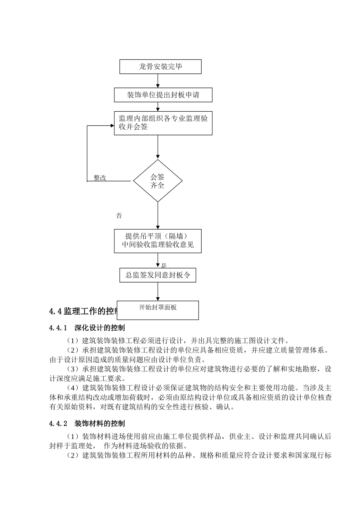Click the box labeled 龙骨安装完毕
click(160, 67)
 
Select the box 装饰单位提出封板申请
click(163, 95)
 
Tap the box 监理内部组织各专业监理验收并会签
click(163, 123)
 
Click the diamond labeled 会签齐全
click(158, 181)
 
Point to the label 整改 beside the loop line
click(100, 178)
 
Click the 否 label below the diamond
click(119, 216)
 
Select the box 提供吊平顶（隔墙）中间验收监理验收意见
click(158, 241)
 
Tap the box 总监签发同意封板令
click(158, 275)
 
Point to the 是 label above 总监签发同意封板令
click(164, 266)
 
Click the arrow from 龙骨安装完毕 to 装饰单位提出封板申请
click(158, 81)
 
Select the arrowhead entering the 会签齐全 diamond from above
click(158, 156)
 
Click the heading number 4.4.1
click(58, 328)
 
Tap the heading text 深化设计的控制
click(100, 328)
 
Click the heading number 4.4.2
click(58, 423)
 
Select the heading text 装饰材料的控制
click(100, 423)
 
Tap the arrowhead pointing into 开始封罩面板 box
click(158, 298)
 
